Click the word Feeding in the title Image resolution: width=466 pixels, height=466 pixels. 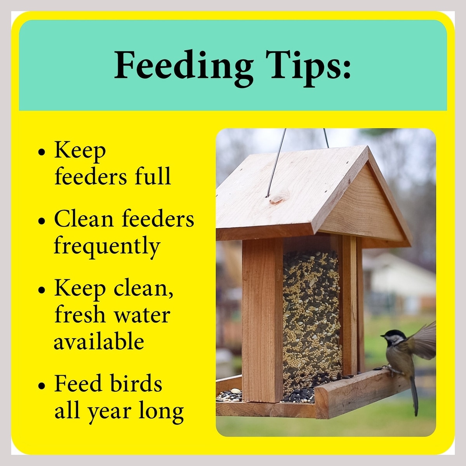184,68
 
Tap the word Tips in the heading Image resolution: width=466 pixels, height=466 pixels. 304,68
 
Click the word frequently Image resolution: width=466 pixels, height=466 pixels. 107,247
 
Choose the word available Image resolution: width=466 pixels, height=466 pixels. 99,340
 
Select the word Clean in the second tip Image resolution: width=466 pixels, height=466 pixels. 83,219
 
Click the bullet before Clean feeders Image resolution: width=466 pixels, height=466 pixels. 42,221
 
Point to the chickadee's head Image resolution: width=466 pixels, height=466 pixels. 393,337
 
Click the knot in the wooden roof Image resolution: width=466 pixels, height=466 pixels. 277,200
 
